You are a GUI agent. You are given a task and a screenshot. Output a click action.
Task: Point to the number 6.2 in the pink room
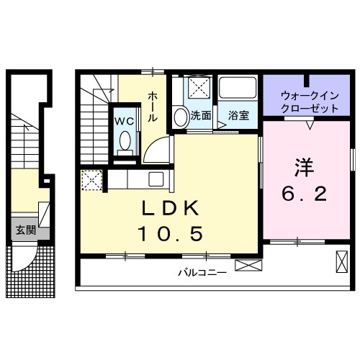coord(302,194)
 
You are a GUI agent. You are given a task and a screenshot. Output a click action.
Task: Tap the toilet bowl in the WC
coord(125,141)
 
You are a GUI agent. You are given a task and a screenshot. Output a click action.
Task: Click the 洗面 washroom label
coord(201,115)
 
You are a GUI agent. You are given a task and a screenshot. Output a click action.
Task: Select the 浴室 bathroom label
coord(239,115)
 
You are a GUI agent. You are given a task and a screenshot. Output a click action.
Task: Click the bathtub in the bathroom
coord(238,90)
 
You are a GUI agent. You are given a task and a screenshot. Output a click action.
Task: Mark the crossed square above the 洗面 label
coord(198,90)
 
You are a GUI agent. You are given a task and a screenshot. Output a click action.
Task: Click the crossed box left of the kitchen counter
coord(92,179)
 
